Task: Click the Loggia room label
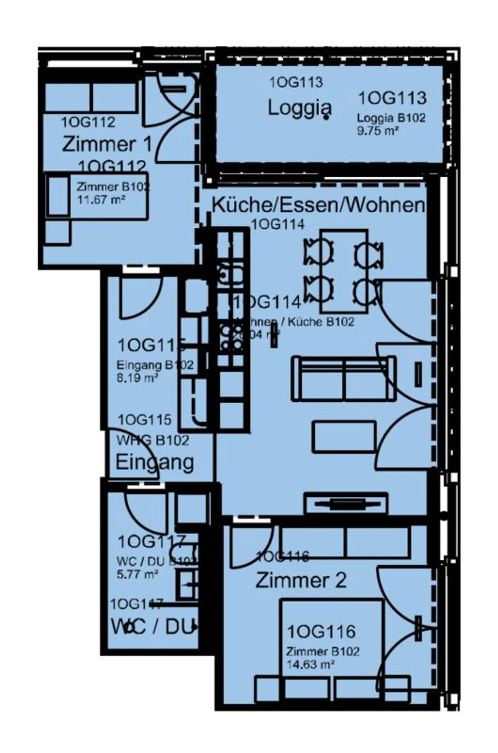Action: (x=299, y=108)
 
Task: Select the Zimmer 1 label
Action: (x=107, y=144)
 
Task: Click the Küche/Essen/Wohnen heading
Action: (x=317, y=205)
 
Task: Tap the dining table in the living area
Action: (x=344, y=271)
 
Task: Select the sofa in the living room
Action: (x=344, y=379)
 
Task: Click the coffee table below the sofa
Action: (x=344, y=437)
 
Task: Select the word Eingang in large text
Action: (x=154, y=462)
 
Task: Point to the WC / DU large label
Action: (x=153, y=627)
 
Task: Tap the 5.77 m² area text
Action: (x=137, y=575)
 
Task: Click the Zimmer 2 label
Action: (x=301, y=580)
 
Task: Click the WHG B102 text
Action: (x=153, y=441)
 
